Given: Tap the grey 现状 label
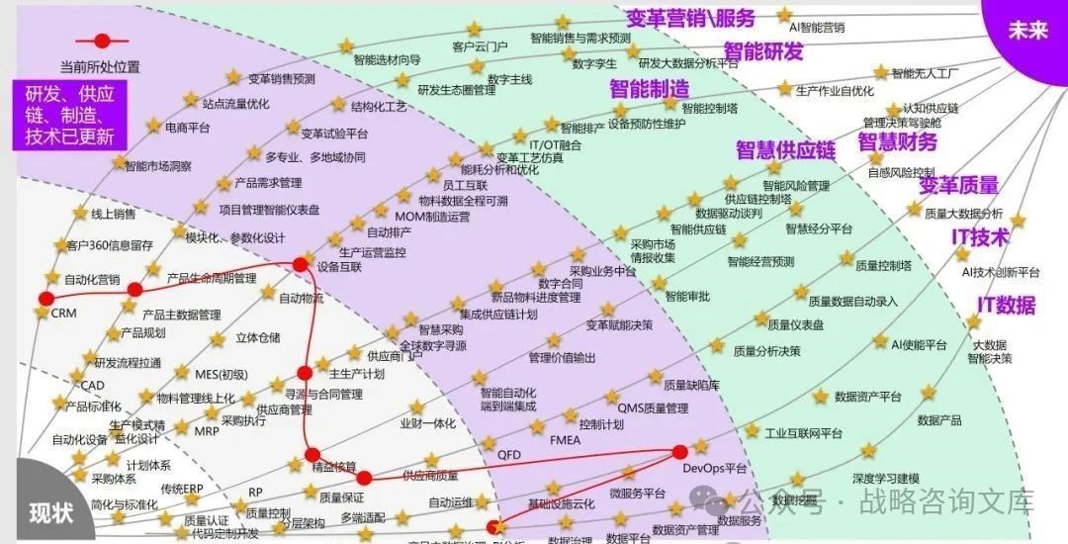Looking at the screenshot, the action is (49, 513).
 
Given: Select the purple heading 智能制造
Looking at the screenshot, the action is (649, 88).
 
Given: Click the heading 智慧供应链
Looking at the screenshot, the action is (785, 150).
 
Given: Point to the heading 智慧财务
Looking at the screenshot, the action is (896, 141).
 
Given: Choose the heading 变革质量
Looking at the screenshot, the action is (958, 185).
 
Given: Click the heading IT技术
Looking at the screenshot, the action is (980, 237).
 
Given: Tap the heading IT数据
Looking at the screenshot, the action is (1007, 304).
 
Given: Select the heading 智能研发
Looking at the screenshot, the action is (762, 51).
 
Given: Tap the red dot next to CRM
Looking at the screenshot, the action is (45, 299).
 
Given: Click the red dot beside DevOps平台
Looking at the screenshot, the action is (679, 452).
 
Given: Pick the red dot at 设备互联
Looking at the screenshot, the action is (301, 264).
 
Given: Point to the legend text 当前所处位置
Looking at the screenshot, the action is (100, 67).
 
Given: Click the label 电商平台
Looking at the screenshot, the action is (187, 128).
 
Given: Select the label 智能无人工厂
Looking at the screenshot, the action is (925, 73).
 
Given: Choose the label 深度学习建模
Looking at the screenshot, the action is (886, 478).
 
